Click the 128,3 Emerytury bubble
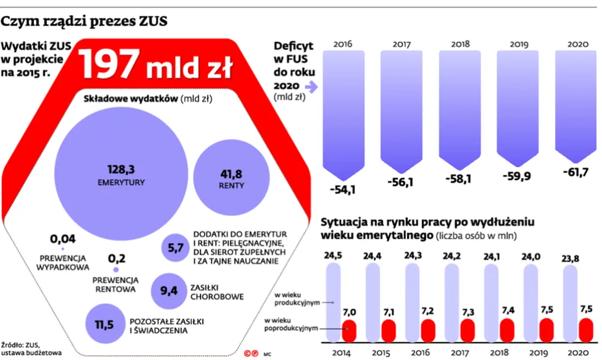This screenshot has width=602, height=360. point(121,174)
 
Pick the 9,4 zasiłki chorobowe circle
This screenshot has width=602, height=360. point(169,291)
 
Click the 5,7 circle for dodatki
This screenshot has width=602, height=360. point(176,249)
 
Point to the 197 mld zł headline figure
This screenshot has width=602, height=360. point(156,64)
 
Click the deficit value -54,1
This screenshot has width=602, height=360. point(343,190)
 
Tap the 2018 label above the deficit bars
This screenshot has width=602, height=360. point(460,45)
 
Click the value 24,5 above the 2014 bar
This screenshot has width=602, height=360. point(333,256)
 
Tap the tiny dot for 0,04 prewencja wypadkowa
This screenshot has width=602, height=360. point(62,249)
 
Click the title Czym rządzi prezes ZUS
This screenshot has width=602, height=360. point(84,22)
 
